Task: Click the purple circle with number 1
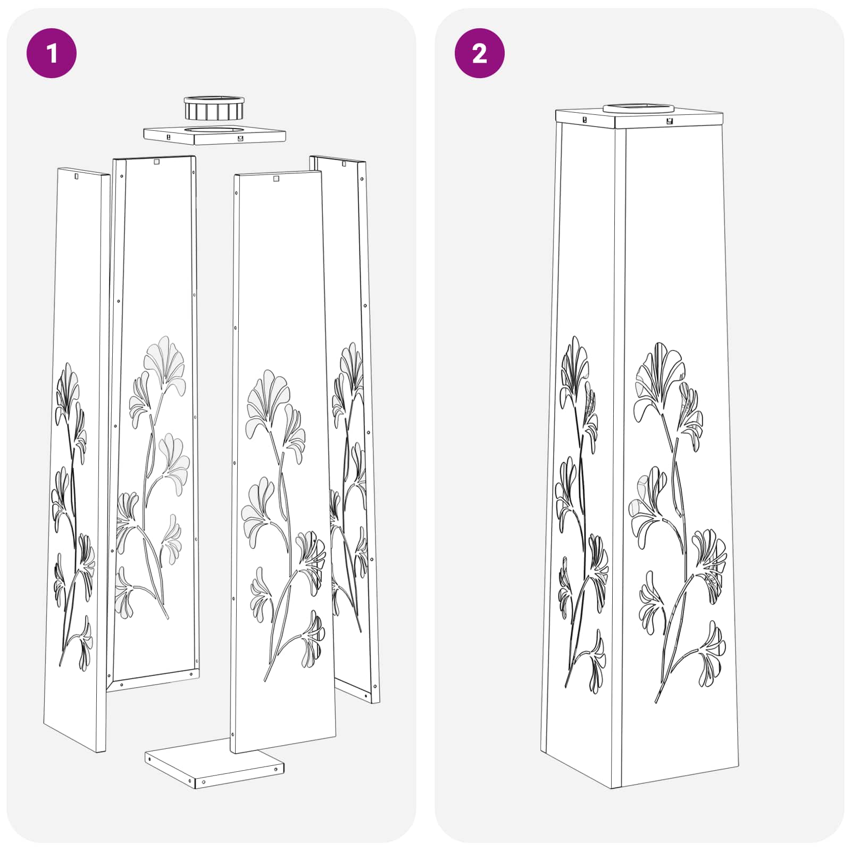tap(52, 53)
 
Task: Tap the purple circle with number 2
tap(479, 53)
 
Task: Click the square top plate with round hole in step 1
tap(214, 135)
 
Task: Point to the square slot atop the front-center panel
tap(276, 179)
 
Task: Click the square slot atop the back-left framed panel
tap(156, 161)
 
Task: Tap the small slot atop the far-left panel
tap(76, 176)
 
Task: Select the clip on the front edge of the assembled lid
tap(669, 121)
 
